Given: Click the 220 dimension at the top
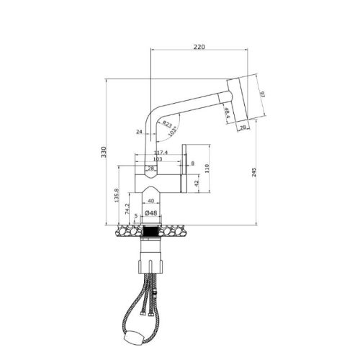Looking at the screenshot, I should click(199, 47).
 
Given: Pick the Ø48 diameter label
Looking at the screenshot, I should click(151, 213).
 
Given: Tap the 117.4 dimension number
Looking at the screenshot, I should click(161, 152).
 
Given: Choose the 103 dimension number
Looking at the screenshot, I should click(158, 160).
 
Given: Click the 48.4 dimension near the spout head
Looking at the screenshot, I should click(228, 112).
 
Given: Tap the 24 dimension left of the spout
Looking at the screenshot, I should click(139, 132).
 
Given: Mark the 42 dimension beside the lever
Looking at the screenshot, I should click(194, 182).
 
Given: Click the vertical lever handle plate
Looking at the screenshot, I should click(185, 168).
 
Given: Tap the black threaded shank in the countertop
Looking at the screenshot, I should click(151, 233).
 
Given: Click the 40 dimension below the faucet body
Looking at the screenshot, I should click(150, 201).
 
